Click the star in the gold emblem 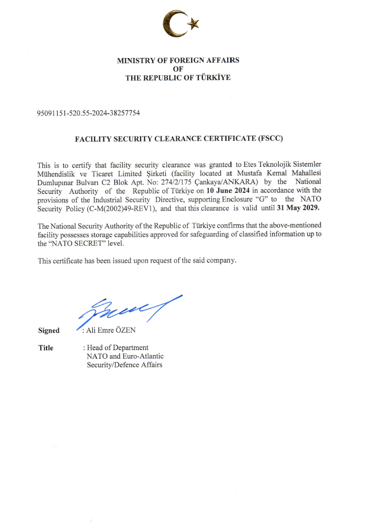[x=192, y=23]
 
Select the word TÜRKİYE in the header [x=214, y=77]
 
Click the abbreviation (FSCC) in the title [x=270, y=138]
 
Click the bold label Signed [x=49, y=331]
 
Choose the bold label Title [x=46, y=348]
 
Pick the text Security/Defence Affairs [x=124, y=365]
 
